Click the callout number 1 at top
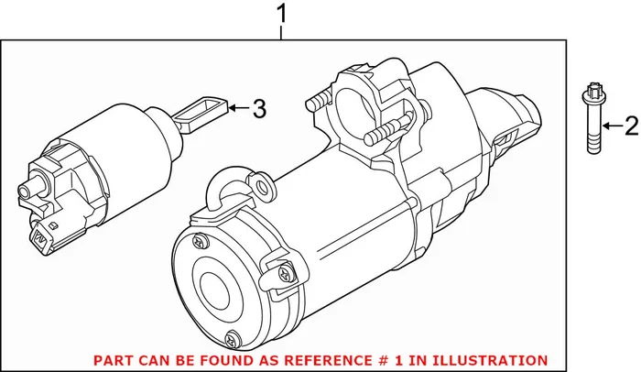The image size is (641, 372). point(281,15)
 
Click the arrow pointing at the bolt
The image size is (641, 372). point(608,126)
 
